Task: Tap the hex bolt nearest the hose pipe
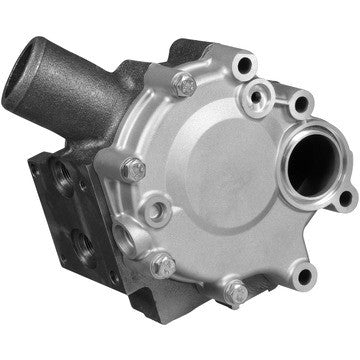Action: click(x=183, y=85)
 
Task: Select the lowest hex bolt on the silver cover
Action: click(x=236, y=293)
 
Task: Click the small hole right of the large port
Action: click(x=344, y=196)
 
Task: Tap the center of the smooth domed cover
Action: click(x=220, y=180)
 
